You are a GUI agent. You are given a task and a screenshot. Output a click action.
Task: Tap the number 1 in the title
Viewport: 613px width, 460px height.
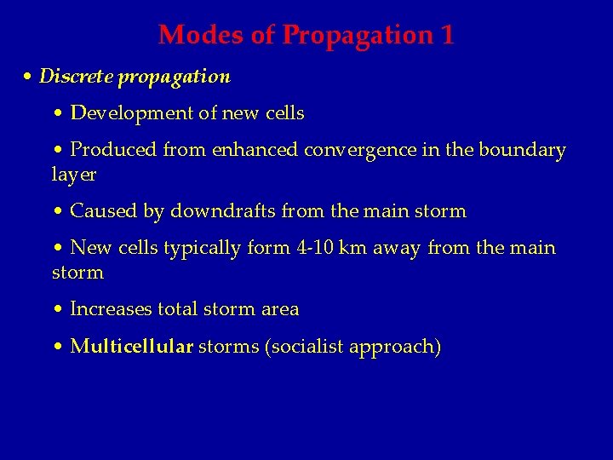(447, 35)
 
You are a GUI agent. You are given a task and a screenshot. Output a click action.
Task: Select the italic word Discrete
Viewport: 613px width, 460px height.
(77, 77)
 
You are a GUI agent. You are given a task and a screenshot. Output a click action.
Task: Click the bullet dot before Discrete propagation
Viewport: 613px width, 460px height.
(28, 78)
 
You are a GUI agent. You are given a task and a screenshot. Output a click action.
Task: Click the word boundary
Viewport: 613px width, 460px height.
(522, 151)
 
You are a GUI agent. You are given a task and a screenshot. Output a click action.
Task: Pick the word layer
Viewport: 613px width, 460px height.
(73, 175)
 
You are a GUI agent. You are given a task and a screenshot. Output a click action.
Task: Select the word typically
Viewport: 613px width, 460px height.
(205, 249)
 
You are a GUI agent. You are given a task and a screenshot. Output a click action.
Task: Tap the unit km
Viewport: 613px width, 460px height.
(352, 249)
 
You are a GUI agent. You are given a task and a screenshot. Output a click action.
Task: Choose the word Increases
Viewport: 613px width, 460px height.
(111, 309)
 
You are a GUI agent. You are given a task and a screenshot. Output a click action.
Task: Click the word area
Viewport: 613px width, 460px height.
(280, 309)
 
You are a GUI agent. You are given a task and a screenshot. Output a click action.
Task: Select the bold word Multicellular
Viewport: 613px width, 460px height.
(132, 348)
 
